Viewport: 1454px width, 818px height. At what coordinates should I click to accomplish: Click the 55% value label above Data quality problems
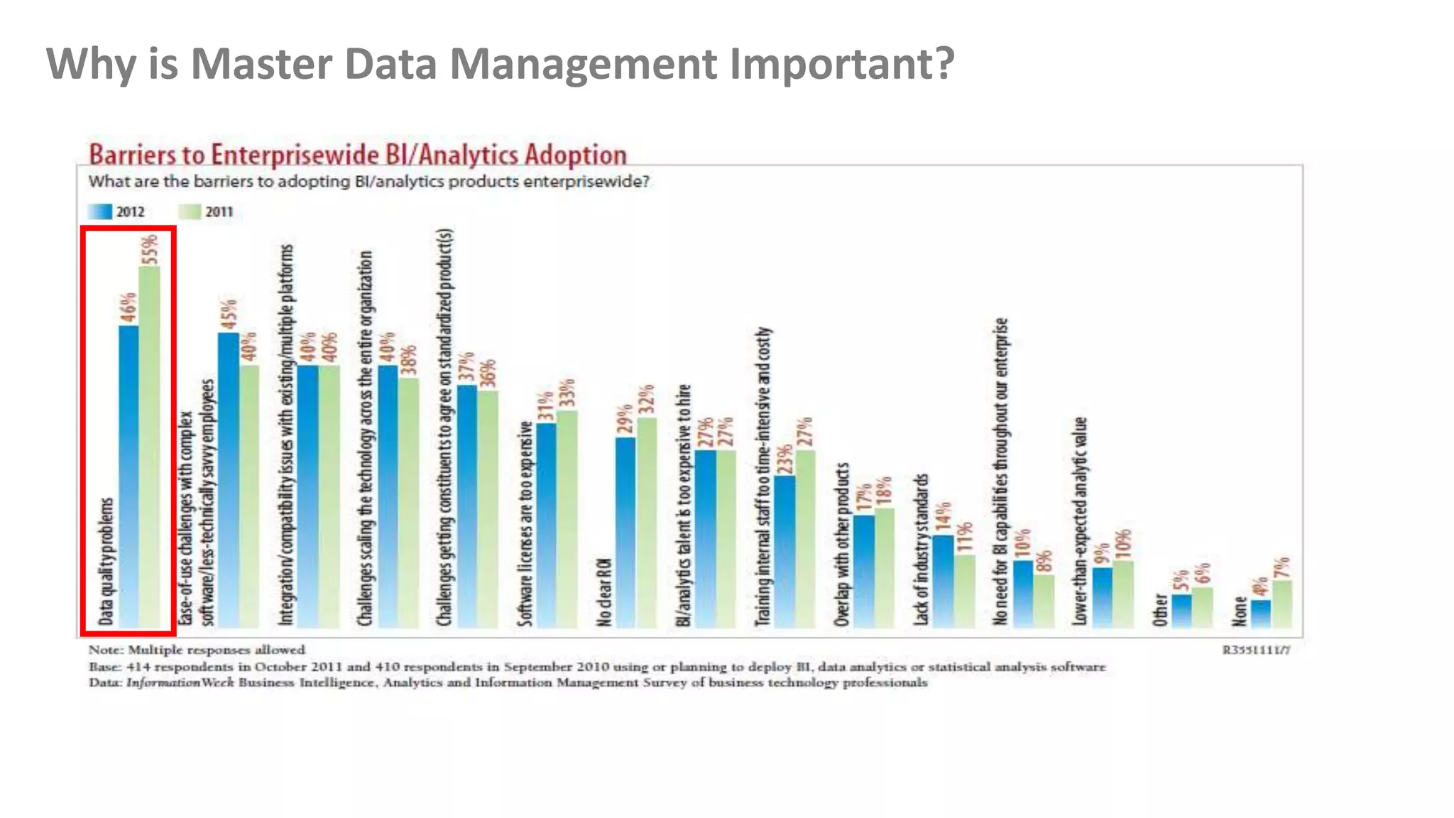[x=150, y=250]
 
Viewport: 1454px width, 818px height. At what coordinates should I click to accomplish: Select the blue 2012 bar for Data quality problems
[x=129, y=476]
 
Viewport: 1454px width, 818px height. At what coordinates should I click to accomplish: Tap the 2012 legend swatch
[x=100, y=212]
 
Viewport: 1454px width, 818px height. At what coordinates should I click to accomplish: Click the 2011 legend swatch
[x=190, y=212]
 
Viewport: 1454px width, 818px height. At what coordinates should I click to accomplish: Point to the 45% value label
[x=229, y=315]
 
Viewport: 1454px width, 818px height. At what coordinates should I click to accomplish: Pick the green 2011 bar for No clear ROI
[x=647, y=522]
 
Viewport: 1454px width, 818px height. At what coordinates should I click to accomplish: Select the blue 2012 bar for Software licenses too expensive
[x=546, y=525]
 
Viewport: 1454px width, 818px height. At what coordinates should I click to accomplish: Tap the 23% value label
[x=785, y=459]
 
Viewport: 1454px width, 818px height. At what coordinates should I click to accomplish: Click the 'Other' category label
[x=1160, y=609]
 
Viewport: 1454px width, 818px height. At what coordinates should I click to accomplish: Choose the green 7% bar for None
[x=1282, y=604]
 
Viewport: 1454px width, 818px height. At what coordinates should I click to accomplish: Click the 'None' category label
[x=1240, y=611]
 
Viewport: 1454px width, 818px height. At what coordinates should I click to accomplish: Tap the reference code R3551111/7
[x=1256, y=650]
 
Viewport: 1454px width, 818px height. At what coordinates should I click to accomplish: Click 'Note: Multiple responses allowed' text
[x=197, y=650]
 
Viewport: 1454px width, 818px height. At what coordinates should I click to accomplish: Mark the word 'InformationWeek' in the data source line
[x=180, y=682]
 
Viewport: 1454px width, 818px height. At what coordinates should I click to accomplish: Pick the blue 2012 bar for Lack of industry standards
[x=943, y=580]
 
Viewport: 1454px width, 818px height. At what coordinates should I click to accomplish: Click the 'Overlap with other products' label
[x=842, y=545]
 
